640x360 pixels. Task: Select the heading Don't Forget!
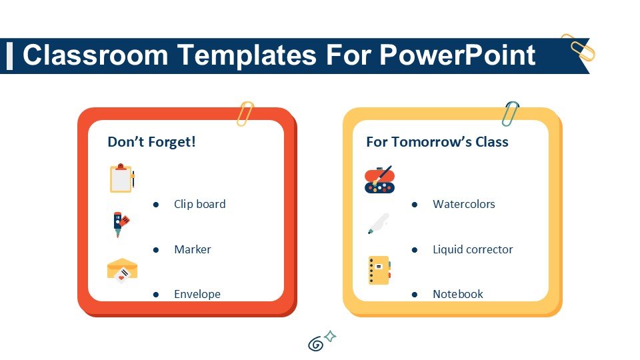tap(151, 142)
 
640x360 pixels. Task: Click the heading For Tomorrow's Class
tap(437, 142)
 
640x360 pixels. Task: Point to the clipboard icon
tap(121, 178)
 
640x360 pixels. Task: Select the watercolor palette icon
tap(379, 179)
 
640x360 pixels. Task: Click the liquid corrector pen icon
tap(378, 223)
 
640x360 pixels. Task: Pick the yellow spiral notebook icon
tap(379, 270)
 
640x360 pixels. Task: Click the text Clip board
tap(199, 204)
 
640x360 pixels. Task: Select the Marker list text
tap(192, 249)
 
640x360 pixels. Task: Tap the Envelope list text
tap(197, 294)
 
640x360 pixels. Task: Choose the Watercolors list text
tap(463, 204)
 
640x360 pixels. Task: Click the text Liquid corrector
tap(473, 249)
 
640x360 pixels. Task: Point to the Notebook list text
tap(457, 294)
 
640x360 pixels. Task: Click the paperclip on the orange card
tap(245, 114)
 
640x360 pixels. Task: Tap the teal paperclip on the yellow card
tap(510, 113)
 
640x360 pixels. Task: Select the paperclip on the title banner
tap(577, 47)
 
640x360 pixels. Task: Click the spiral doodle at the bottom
tap(316, 344)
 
